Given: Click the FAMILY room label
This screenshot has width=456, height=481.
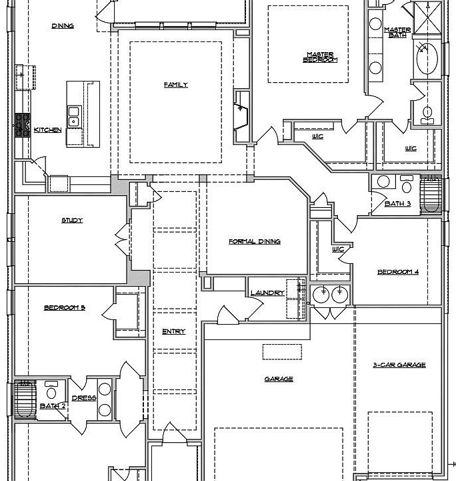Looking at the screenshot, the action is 176,85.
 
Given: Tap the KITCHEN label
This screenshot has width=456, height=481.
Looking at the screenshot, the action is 47,130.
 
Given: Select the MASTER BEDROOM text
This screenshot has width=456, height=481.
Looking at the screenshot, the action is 320,57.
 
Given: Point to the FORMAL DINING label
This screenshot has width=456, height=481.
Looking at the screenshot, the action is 255,242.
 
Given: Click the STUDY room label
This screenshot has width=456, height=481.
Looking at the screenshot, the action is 72,220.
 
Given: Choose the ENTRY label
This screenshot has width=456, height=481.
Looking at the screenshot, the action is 173,331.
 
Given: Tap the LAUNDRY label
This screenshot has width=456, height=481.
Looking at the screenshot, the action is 267,293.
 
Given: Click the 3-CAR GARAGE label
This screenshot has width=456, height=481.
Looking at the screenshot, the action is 399,365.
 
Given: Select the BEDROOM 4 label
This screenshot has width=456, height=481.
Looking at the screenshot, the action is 398,272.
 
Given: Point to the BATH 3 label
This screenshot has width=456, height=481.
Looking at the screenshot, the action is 397,204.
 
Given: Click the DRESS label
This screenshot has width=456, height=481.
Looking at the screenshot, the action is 84,398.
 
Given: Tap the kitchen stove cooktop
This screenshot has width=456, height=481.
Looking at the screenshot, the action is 23,125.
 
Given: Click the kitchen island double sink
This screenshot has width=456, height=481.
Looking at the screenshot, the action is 73,117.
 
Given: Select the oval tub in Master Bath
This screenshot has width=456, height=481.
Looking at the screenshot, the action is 427,58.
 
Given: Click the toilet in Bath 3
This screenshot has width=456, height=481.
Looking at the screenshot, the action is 407,184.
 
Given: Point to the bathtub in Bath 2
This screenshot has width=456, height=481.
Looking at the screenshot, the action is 26,399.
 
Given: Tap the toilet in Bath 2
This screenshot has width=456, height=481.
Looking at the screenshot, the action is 51,390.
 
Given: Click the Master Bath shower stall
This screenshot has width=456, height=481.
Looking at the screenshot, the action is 427,17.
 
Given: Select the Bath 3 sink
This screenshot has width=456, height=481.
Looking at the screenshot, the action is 383,182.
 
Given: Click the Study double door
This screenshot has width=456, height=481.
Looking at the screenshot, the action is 123,239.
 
